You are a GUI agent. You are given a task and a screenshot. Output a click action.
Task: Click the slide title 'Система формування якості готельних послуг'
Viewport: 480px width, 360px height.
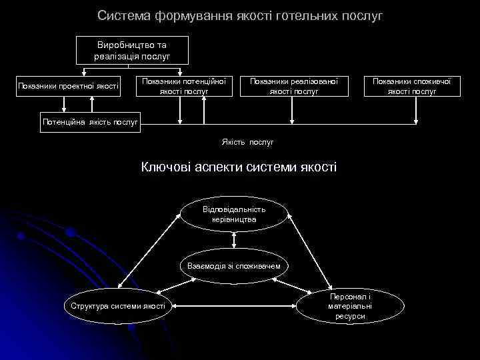point(240,15)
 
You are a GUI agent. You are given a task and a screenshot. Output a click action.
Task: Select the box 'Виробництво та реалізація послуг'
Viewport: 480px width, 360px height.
point(132,51)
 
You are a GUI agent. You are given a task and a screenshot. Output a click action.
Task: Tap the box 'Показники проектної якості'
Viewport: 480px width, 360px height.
point(69,85)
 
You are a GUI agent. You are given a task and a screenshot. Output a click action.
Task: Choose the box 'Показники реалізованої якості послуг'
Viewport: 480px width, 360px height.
point(294,85)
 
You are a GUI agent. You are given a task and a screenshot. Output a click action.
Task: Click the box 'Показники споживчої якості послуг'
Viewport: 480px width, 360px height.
point(411,85)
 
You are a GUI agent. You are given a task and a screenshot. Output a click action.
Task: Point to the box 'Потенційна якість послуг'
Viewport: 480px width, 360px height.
point(90,122)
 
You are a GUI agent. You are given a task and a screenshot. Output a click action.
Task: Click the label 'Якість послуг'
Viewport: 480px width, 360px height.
point(247,142)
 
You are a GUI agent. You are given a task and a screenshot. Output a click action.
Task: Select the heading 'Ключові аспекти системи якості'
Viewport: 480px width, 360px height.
point(239,167)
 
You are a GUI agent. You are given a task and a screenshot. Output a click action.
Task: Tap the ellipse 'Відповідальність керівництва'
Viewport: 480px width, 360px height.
point(234,214)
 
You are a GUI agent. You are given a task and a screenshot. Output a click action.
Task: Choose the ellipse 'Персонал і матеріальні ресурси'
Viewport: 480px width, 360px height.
point(350,306)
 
